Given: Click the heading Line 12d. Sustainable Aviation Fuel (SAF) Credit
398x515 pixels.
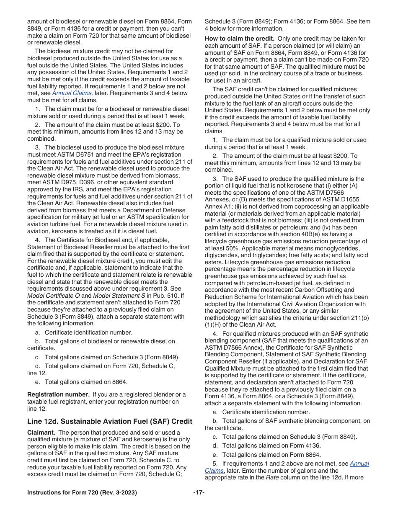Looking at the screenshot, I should [x=110, y=421].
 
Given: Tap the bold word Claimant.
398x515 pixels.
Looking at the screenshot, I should [x=41, y=433].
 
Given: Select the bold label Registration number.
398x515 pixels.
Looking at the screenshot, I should [x=59, y=394].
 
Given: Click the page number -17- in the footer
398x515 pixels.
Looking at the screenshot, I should [x=199, y=493].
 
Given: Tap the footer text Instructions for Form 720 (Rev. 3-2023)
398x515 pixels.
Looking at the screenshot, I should [x=82, y=493].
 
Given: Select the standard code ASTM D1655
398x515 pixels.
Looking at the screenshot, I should [x=339, y=199].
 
